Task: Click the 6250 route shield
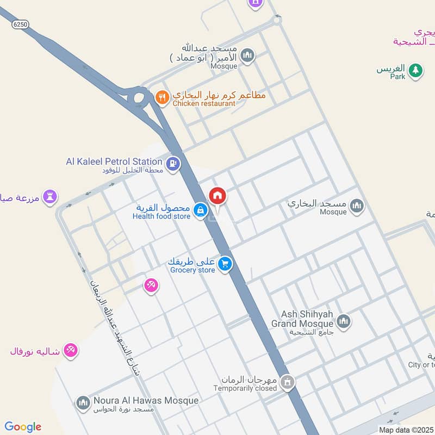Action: (x=21, y=24)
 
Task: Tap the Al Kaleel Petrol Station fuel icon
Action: (x=173, y=163)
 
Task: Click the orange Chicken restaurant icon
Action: (x=161, y=98)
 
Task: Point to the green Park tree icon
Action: (x=415, y=70)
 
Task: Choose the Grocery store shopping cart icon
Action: (x=225, y=265)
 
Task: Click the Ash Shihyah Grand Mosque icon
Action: (x=343, y=321)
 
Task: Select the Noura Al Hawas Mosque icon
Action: (x=83, y=402)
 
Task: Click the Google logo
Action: (x=23, y=427)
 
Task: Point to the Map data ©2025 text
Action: (x=406, y=430)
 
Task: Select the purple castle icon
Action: (x=51, y=197)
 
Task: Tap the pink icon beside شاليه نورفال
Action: (x=70, y=350)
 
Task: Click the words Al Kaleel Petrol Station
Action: (x=114, y=161)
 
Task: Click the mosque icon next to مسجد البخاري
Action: (x=357, y=206)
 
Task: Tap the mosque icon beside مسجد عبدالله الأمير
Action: (x=247, y=55)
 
